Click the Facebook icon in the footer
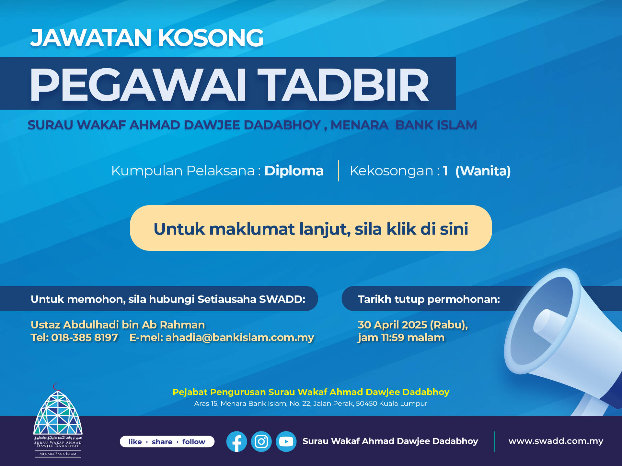[x=236, y=441]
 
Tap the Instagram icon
[x=261, y=441]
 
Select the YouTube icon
[x=286, y=441]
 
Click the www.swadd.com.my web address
[x=556, y=441]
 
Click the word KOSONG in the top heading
[x=211, y=38]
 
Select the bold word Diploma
[x=294, y=171]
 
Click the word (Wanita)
[x=483, y=171]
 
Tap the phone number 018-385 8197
[x=85, y=338]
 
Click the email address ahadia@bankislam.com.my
[x=240, y=338]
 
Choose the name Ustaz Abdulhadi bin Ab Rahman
[x=118, y=325]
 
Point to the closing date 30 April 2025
[x=393, y=325]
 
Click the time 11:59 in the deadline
[x=393, y=338]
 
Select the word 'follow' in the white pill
[x=194, y=442]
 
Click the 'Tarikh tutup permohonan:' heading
[x=429, y=299]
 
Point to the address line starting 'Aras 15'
[x=311, y=404]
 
